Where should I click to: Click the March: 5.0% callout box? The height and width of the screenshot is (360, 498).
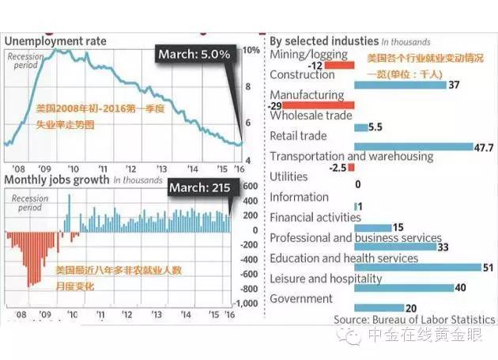point(194,55)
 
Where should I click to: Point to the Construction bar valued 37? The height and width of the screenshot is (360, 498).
point(398,85)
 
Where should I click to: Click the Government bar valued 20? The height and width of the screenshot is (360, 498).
point(377,309)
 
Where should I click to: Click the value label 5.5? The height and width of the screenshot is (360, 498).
point(375,127)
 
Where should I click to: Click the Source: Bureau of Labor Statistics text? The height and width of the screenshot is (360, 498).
point(414,320)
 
